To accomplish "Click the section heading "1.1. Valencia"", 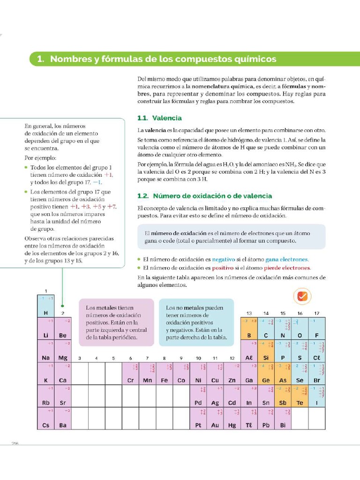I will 159,118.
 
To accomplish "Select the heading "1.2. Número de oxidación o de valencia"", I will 204,196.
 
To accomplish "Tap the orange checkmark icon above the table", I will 302,296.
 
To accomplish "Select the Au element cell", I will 215,418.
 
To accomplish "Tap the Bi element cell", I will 283,418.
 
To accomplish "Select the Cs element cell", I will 46,418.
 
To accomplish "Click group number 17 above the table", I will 317,313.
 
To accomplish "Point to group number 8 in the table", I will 164,358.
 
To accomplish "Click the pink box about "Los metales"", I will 116,322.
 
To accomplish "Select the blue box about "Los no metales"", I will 196,322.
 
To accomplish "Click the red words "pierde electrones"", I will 287,268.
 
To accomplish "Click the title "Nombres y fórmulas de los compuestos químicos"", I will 163,59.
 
